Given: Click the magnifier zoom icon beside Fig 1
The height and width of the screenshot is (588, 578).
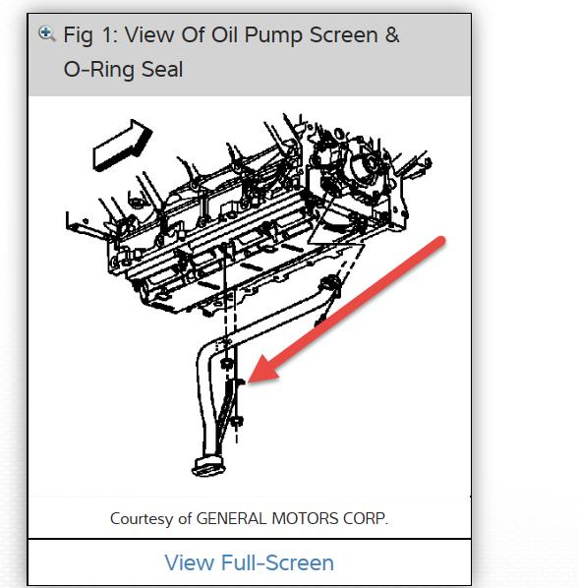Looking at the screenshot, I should [x=46, y=34].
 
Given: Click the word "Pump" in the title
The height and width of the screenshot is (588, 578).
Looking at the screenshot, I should [x=270, y=36].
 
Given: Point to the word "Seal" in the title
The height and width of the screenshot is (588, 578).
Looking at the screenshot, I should [x=163, y=71].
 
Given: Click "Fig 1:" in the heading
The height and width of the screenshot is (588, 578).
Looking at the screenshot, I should [x=91, y=36].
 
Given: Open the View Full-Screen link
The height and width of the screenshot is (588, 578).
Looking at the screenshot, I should [x=249, y=562].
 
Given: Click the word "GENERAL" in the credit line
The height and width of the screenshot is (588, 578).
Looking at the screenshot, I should [x=234, y=518].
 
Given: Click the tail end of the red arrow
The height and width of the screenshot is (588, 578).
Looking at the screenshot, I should [x=443, y=241].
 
